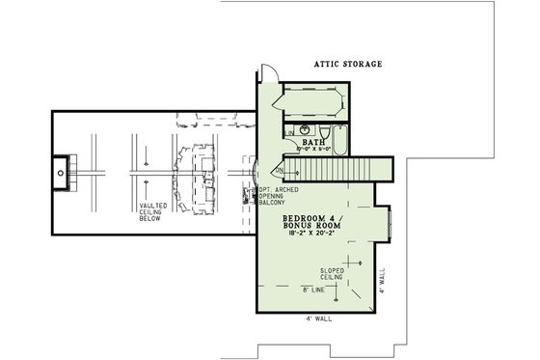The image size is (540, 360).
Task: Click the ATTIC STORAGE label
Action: [x=348, y=65]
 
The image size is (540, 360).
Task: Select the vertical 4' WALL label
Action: [x=382, y=280]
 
